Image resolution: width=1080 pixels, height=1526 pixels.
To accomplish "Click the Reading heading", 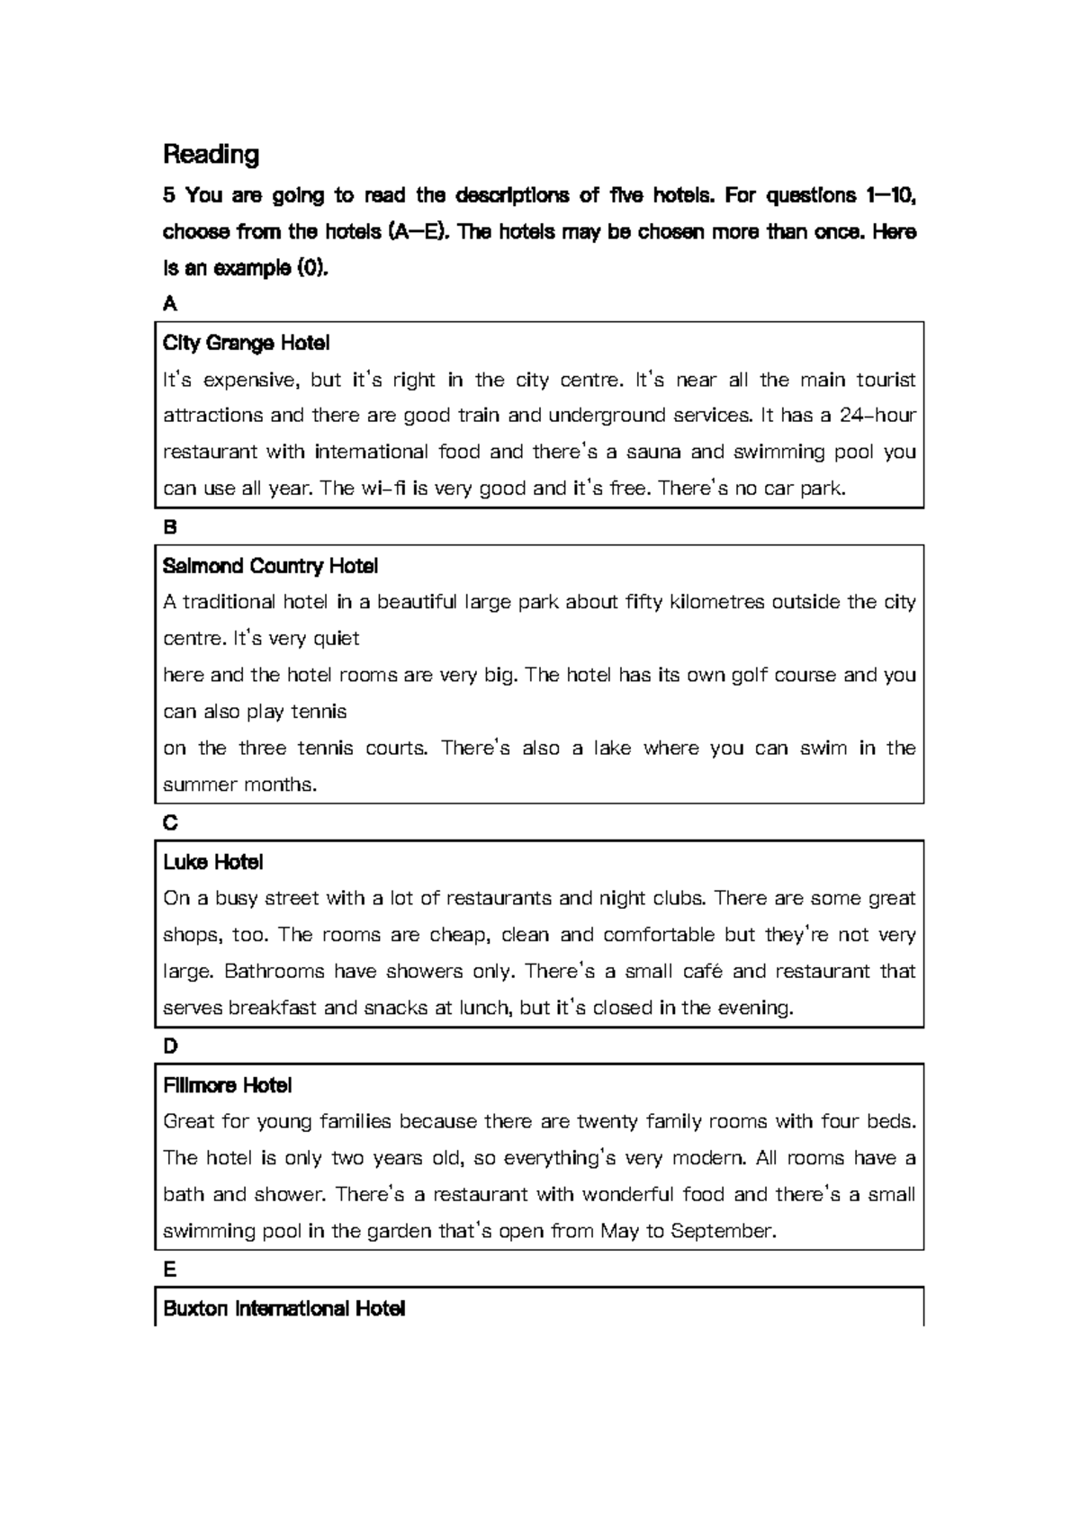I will click(x=211, y=155).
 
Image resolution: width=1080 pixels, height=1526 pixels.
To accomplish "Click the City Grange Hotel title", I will click(x=246, y=343).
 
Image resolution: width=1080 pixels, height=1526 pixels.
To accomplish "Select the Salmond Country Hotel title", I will click(x=270, y=566).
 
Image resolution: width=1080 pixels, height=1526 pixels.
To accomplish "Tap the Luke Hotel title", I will click(x=212, y=862).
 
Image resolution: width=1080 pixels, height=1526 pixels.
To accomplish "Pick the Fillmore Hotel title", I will click(x=227, y=1085).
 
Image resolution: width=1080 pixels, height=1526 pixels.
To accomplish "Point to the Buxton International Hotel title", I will click(x=283, y=1308).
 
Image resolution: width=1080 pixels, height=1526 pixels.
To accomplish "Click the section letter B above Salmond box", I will click(x=169, y=527).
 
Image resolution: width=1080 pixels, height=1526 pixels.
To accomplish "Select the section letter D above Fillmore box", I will click(x=170, y=1046).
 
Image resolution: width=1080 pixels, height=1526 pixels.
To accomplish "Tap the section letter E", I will click(x=169, y=1270).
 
